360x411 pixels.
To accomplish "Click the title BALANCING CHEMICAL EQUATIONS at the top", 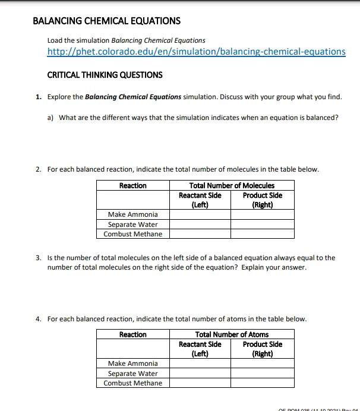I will [106, 21].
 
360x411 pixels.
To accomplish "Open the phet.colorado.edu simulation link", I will [196, 52].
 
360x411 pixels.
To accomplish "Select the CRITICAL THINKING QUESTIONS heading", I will [105, 75].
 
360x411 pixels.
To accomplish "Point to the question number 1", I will [37, 96].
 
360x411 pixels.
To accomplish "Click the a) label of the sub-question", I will [50, 117].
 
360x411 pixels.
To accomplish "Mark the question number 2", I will [37, 169].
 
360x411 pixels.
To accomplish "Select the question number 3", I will [37, 258].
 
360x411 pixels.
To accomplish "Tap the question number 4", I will [37, 319].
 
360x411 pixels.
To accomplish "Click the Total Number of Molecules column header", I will [231, 186].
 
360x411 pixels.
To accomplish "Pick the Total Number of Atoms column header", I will [231, 335].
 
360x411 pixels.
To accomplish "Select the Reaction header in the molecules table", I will [132, 186].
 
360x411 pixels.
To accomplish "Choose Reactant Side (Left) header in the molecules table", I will [200, 200].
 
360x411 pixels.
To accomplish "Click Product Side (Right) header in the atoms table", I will [262, 349].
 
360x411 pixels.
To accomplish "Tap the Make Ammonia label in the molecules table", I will [132, 214].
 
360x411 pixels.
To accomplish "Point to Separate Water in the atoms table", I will [132, 374].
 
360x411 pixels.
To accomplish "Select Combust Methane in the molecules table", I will [132, 234].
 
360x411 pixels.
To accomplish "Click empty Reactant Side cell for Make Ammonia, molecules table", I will [200, 214].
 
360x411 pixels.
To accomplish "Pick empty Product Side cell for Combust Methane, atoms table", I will [262, 383].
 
